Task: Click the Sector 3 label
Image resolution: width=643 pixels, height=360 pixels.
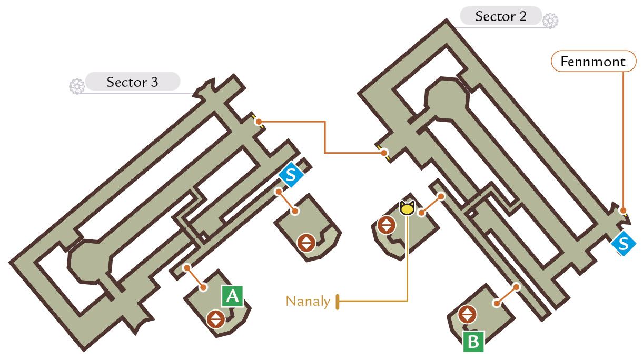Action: click(132, 82)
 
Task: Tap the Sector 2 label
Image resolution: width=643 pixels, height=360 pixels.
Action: click(501, 16)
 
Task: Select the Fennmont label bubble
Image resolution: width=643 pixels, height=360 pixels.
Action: click(593, 62)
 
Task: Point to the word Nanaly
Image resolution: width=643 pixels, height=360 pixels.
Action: click(308, 302)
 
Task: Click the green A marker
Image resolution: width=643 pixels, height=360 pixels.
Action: click(233, 296)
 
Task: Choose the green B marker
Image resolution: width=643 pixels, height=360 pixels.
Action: click(473, 342)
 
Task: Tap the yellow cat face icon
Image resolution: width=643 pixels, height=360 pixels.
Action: click(407, 208)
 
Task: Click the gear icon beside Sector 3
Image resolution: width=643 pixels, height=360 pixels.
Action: click(77, 86)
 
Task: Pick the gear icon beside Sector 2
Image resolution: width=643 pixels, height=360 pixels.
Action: click(550, 21)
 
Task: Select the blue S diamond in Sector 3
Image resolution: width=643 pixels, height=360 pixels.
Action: click(291, 174)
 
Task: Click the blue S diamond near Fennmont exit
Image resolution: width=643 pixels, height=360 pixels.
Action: click(624, 244)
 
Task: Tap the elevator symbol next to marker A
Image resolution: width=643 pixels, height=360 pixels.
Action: click(216, 319)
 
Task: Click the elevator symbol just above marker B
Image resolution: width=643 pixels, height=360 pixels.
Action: click(467, 314)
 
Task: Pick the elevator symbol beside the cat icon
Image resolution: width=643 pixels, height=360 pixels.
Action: click(387, 225)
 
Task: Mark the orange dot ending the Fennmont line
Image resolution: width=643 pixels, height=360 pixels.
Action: click(623, 211)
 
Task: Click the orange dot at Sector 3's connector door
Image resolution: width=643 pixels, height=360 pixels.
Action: click(259, 122)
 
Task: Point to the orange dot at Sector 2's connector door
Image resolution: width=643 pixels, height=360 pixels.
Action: click(384, 153)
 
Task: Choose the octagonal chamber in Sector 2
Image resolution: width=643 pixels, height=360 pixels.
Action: click(447, 98)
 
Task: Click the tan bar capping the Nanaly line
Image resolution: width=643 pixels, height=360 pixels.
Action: click(338, 302)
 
